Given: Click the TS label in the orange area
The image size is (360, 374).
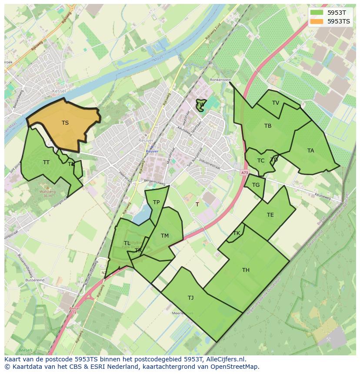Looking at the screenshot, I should click(65, 123).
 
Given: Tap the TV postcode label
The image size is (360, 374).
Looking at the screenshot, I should click(276, 103).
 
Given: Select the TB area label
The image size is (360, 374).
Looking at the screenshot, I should click(268, 126).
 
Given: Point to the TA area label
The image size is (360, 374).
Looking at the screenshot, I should click(310, 151).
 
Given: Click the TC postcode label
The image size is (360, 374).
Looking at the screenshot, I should click(261, 161).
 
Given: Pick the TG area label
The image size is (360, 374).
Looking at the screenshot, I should click(256, 185).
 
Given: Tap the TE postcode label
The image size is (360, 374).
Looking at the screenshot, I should click(270, 215).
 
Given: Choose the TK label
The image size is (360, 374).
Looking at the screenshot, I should click(237, 233).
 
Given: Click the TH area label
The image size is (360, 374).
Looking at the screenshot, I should click(246, 270).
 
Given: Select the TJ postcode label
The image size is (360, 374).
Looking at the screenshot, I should click(191, 298).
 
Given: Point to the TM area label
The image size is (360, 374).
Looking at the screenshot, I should click(165, 236).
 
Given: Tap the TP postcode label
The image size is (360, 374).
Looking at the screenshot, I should click(156, 202).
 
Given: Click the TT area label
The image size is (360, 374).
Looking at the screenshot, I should click(46, 162).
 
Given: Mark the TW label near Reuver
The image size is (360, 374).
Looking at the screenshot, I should click(200, 105).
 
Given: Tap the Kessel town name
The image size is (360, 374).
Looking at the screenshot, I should click(58, 91).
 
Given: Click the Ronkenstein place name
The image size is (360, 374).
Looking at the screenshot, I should click(220, 80).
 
